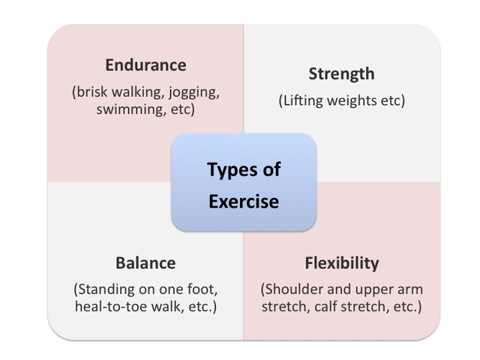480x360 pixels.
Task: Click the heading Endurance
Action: point(145,64)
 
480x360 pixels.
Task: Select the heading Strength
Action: point(341,73)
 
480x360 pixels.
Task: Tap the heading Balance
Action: point(145,263)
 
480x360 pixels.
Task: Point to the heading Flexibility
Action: point(341,263)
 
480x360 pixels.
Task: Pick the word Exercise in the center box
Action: point(244,201)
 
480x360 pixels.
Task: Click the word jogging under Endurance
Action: point(193,92)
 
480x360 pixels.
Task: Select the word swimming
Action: point(127,109)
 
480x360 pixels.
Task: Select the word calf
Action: point(334,307)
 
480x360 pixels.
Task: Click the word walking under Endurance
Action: point(140,92)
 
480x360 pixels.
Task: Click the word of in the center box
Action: point(271,169)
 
